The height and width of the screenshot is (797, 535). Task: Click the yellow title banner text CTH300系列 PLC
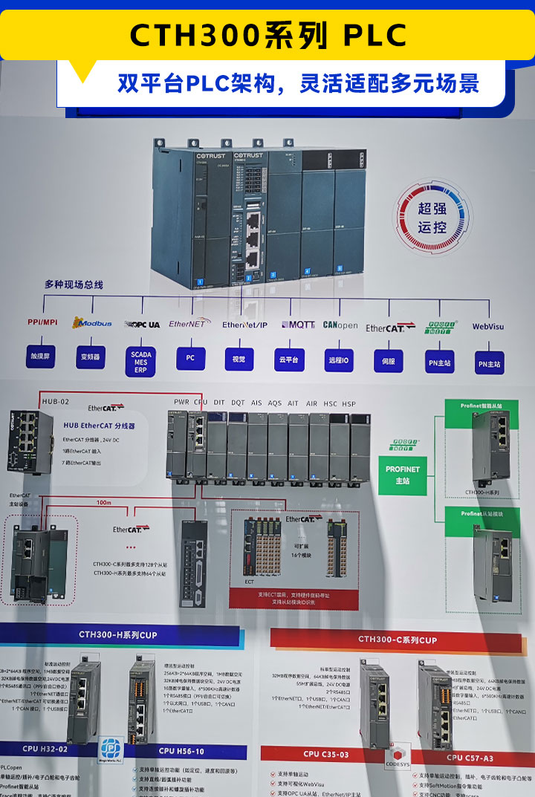[267, 35]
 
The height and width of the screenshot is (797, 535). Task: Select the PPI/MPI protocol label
[42, 322]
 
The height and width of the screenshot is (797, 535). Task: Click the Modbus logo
[92, 323]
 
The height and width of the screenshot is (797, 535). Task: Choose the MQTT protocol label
[298, 325]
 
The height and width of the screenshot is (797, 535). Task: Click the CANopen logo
[340, 325]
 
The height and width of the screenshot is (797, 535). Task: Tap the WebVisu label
[488, 326]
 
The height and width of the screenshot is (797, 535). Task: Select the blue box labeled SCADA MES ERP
[140, 360]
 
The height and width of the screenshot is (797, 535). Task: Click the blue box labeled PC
[190, 358]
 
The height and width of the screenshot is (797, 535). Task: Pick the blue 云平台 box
[289, 360]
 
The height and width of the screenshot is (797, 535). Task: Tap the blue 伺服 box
[388, 360]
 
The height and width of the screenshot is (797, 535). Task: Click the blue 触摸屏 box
[41, 357]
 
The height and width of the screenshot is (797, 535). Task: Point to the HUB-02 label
[56, 401]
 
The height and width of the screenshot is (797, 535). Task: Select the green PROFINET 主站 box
[403, 475]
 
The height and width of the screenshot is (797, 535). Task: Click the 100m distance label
[103, 503]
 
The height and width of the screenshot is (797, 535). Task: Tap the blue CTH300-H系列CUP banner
[119, 635]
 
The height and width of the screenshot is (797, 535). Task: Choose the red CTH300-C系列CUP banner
[398, 639]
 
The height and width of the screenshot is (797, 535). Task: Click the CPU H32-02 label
[45, 749]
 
